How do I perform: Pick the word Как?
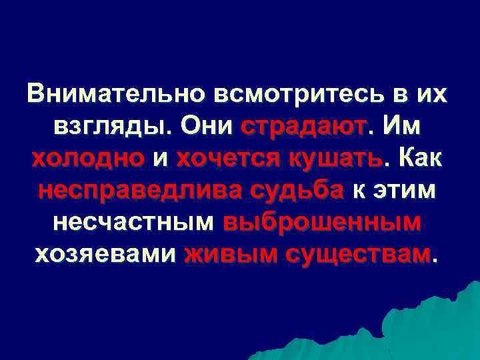pos(421,158)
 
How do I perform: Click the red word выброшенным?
pos(323,222)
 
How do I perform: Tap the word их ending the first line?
pos(430,94)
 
